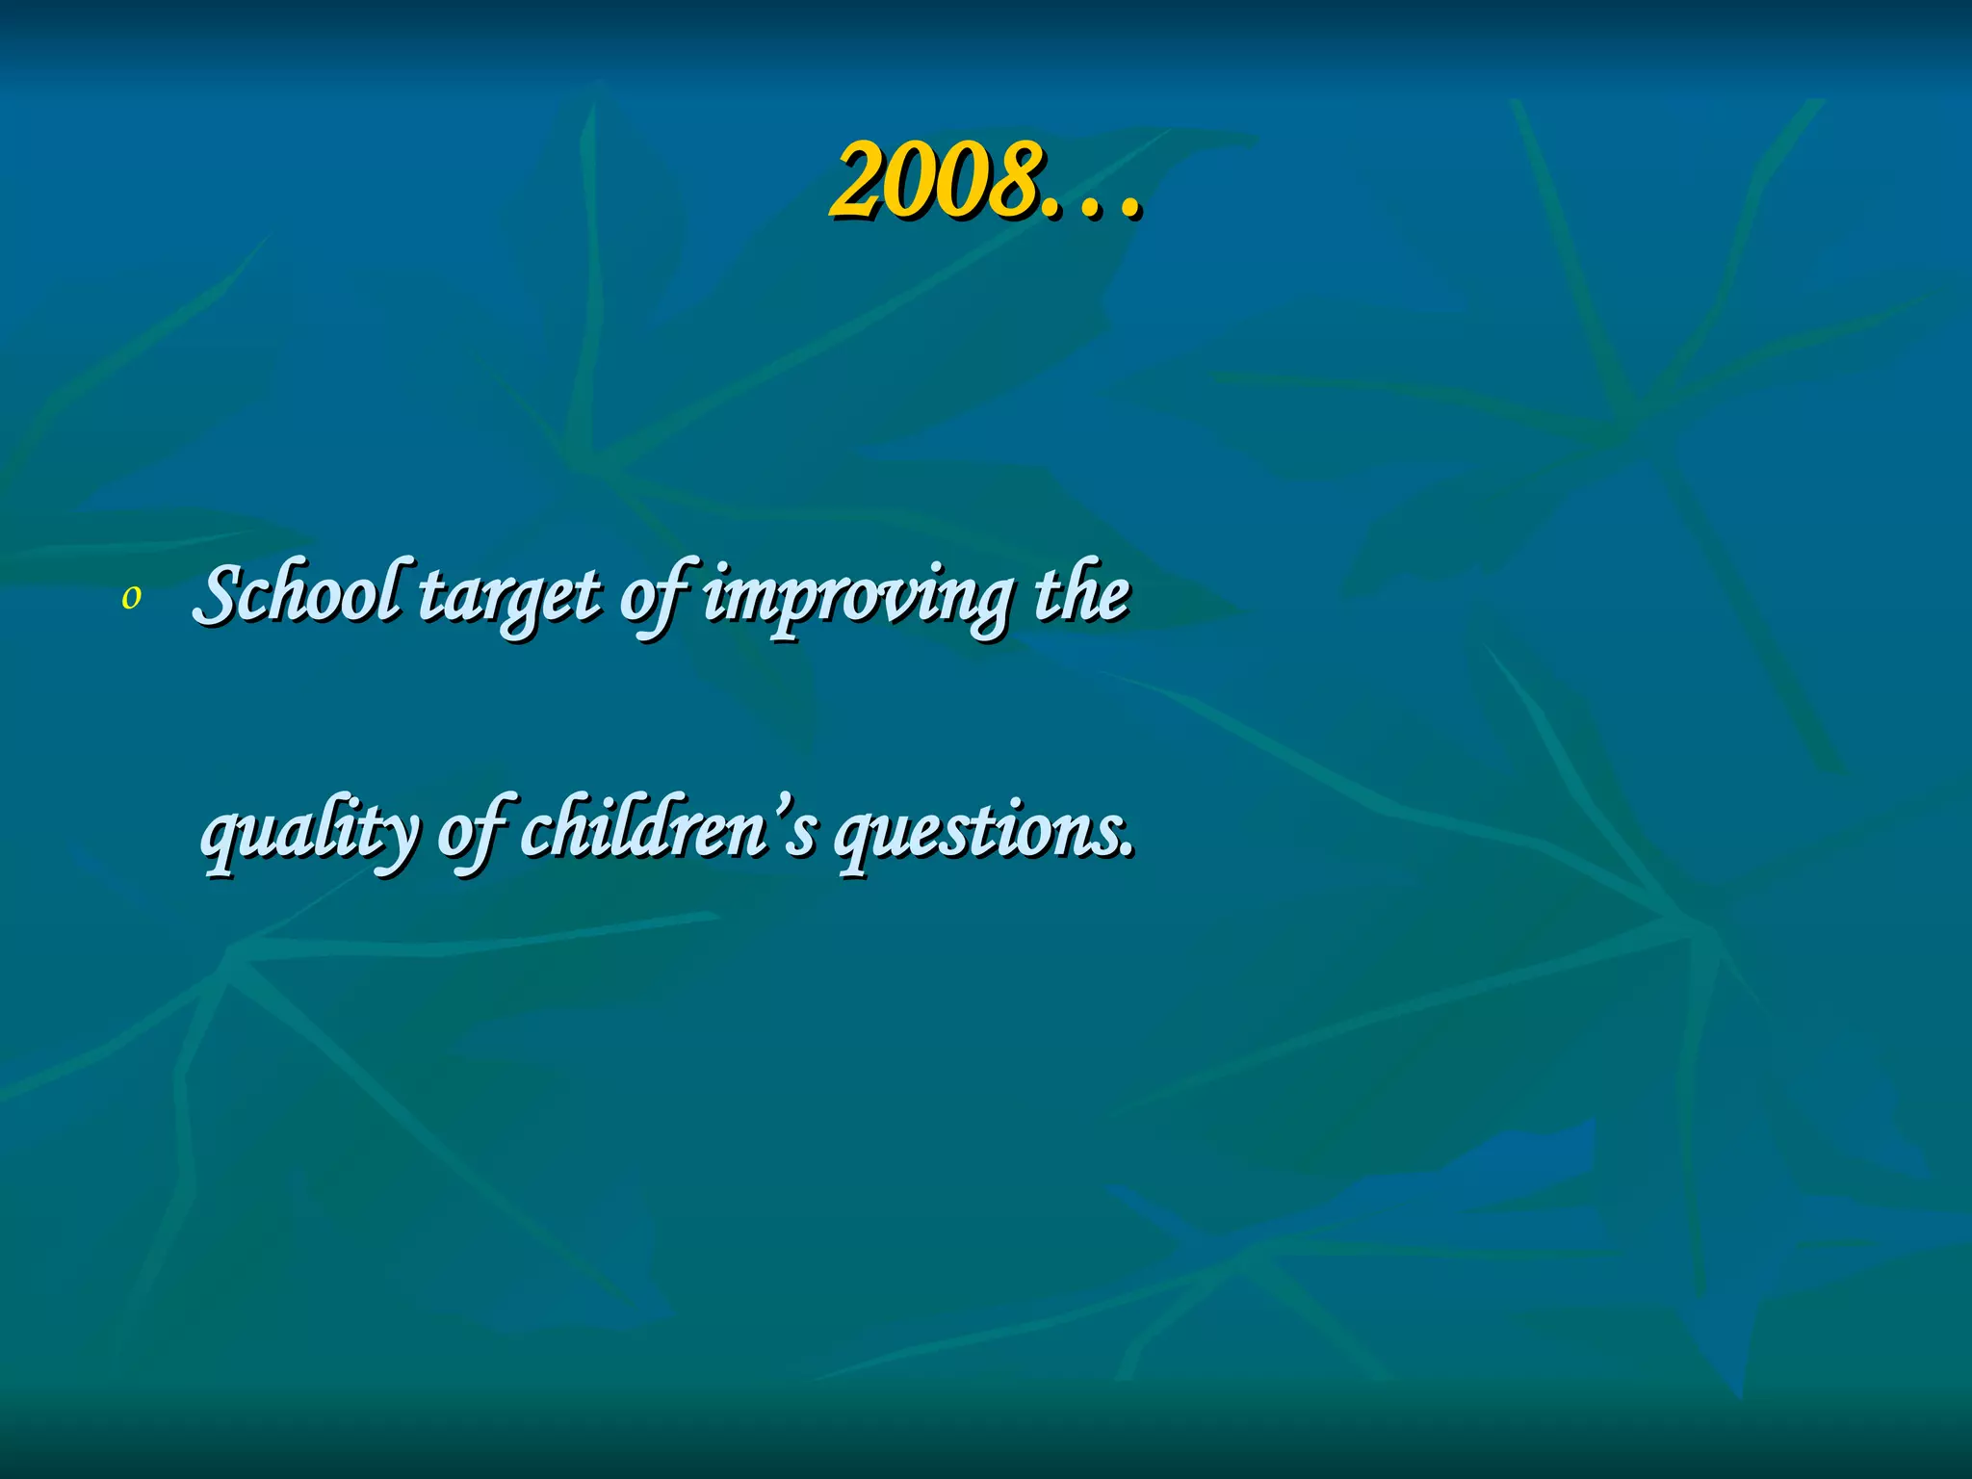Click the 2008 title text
(984, 181)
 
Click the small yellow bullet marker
(131, 599)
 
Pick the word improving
(857, 599)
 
